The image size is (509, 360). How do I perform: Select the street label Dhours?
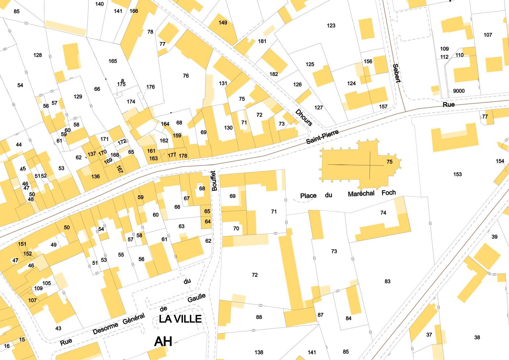pyautogui.click(x=304, y=117)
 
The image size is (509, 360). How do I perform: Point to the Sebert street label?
pyautogui.click(x=396, y=73)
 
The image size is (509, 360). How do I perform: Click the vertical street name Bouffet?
pyautogui.click(x=214, y=181)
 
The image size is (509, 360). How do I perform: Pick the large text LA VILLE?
pyautogui.click(x=180, y=319)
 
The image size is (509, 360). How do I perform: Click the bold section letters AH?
pyautogui.click(x=163, y=341)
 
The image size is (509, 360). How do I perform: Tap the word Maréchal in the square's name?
pyautogui.click(x=361, y=194)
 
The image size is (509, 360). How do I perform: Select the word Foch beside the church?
pyautogui.click(x=388, y=193)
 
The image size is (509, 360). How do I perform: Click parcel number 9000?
pyautogui.click(x=459, y=91)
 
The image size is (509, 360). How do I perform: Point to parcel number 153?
pyautogui.click(x=457, y=174)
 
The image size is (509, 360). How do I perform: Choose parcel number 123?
pyautogui.click(x=331, y=26)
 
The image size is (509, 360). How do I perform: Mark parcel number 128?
pyautogui.click(x=38, y=55)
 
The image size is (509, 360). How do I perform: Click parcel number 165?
pyautogui.click(x=113, y=61)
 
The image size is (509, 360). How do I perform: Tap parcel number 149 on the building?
pyautogui.click(x=223, y=23)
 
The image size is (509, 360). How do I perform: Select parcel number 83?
pyautogui.click(x=387, y=281)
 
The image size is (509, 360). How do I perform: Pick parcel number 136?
pyautogui.click(x=95, y=176)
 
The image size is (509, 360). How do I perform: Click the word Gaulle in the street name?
pyautogui.click(x=197, y=298)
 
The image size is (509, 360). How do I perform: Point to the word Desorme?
pyautogui.click(x=105, y=328)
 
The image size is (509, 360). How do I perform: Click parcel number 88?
pyautogui.click(x=259, y=317)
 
